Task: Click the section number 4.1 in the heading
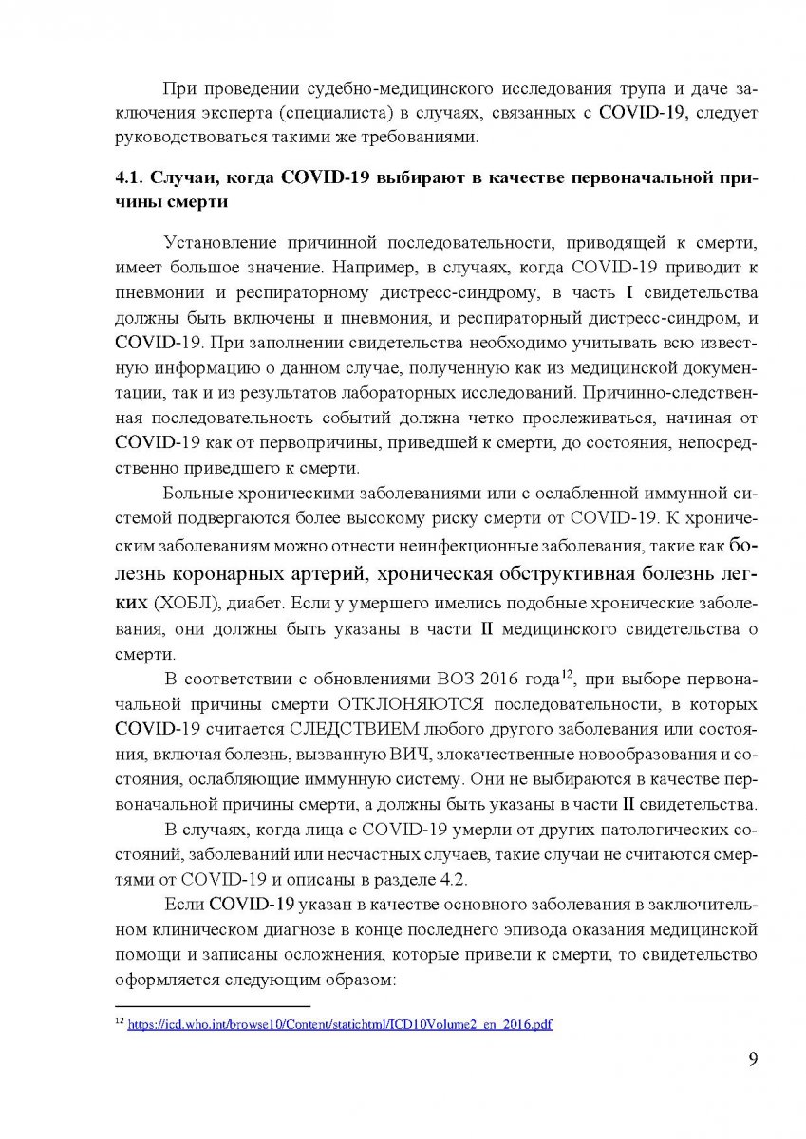click(x=128, y=178)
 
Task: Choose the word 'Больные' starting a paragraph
click(x=197, y=493)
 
